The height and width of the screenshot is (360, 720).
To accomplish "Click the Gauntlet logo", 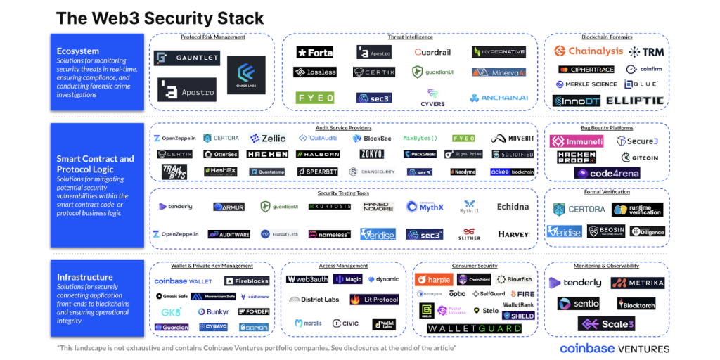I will point(186,58).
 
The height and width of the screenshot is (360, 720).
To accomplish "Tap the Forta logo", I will point(314,52).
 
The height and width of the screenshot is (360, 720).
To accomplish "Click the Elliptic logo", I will point(635,101).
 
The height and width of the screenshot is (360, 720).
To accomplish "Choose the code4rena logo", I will point(607,173).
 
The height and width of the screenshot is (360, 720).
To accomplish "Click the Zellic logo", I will point(268,139).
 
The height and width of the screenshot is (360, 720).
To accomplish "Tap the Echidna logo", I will point(513,207).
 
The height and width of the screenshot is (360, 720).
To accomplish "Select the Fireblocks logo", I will point(246,281).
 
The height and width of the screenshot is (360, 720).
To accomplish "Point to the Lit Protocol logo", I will point(374,300).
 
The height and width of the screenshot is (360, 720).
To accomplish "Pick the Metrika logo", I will point(637,283).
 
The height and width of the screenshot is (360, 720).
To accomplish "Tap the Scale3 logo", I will point(606,324).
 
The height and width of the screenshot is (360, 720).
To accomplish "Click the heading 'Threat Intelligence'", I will point(410,37).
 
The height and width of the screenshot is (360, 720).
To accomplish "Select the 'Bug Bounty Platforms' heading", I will point(606,128).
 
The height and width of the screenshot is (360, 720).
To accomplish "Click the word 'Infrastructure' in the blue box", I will point(85,277).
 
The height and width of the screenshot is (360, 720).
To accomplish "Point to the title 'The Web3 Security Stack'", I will point(160,18).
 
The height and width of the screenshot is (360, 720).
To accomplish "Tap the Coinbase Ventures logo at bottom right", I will point(615,348).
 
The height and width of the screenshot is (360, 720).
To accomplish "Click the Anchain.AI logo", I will point(499,98).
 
